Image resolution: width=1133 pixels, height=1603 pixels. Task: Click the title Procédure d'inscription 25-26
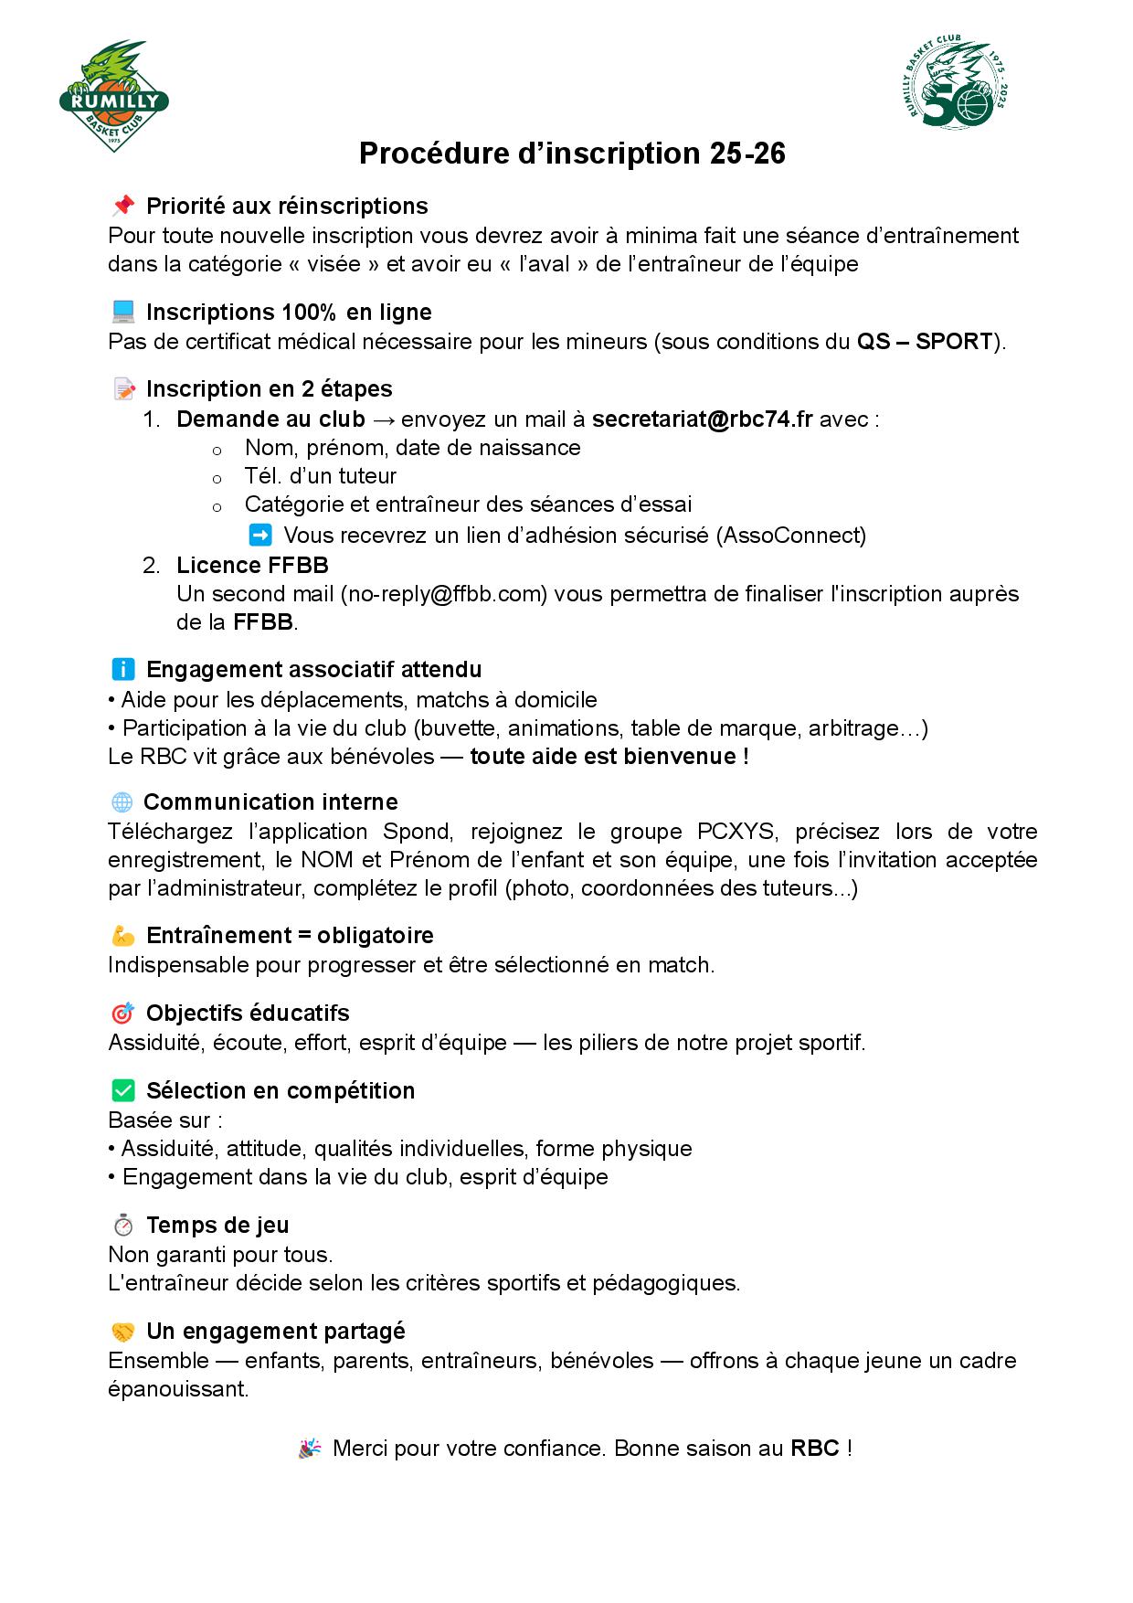click(572, 154)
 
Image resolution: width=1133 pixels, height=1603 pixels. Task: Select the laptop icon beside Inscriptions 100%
click(122, 312)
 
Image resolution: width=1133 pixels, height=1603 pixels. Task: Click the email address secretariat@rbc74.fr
click(702, 419)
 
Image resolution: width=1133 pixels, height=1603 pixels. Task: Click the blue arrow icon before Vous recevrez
click(260, 535)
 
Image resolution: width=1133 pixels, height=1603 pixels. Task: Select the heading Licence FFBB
click(252, 565)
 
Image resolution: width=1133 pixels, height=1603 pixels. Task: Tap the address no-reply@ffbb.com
click(444, 594)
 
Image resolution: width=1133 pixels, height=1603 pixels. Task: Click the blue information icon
click(122, 669)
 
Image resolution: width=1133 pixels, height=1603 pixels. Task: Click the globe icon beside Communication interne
click(122, 802)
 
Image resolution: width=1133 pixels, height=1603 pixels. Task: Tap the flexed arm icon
click(122, 935)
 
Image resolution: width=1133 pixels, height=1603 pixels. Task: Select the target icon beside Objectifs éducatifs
click(122, 1013)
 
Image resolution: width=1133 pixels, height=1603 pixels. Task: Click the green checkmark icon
click(122, 1090)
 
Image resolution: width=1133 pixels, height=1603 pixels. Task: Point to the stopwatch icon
click(122, 1225)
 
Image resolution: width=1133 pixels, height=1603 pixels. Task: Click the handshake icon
click(122, 1331)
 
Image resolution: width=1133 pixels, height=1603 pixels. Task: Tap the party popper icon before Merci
click(311, 1448)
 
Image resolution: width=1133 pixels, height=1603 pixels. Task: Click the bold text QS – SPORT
click(924, 342)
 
